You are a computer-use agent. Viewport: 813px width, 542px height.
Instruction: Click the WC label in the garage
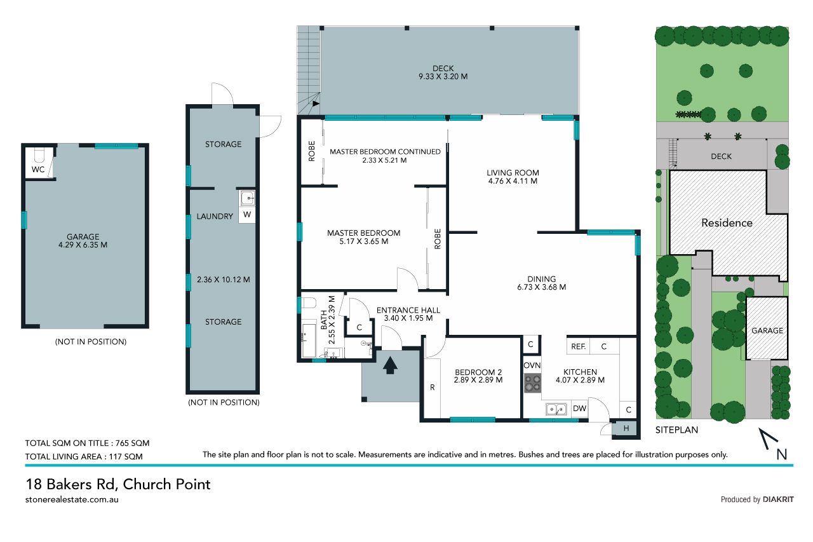(x=38, y=170)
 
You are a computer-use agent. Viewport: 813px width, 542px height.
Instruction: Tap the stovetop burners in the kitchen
(x=532, y=383)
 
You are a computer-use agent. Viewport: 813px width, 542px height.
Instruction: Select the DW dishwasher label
(x=580, y=409)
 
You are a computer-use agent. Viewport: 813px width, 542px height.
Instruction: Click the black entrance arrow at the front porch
(x=390, y=365)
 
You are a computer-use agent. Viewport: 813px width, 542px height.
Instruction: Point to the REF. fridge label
(x=578, y=347)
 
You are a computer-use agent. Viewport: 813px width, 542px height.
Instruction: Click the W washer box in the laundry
(x=247, y=215)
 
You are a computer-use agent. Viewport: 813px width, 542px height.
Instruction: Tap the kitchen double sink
(x=556, y=409)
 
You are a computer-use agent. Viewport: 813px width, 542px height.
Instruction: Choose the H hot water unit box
(x=626, y=428)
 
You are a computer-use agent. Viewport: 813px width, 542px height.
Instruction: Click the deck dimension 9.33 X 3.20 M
(x=443, y=77)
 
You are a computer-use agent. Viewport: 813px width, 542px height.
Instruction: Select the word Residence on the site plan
(x=727, y=223)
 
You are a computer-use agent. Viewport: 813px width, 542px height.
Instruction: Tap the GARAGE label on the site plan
(x=767, y=330)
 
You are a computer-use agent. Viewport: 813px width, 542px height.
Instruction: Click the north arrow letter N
(x=781, y=455)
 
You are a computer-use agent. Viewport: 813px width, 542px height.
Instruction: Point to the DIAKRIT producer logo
(x=778, y=499)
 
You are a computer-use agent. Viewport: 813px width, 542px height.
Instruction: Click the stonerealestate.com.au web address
(x=72, y=499)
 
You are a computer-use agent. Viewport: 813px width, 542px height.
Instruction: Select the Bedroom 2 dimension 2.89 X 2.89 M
(x=478, y=380)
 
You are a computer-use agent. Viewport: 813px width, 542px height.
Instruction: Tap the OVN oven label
(x=532, y=365)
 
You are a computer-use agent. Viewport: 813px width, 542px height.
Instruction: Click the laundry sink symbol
(x=248, y=199)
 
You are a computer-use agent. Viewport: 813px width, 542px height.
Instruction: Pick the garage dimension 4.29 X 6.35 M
(x=83, y=245)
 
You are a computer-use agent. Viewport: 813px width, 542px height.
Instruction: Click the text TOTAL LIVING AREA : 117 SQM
(x=84, y=457)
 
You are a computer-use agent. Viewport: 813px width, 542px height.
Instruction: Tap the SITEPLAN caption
(x=676, y=430)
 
